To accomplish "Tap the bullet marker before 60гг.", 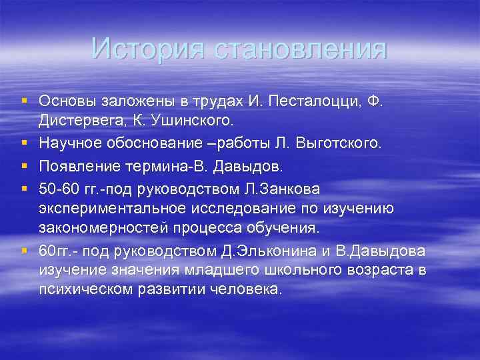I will point(25,251).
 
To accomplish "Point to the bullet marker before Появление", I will point(25,165).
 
